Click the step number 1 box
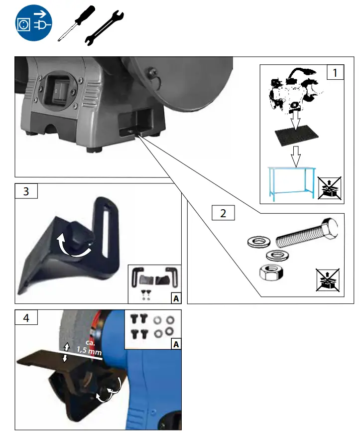[335, 73]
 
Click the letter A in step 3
[175, 298]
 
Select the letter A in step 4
[175, 344]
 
